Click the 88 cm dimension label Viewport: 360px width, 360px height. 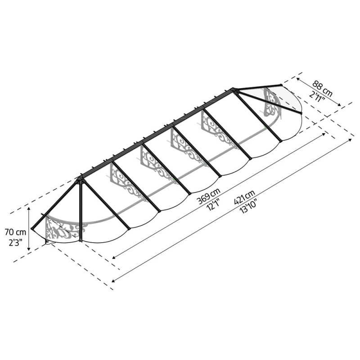(x=323, y=88)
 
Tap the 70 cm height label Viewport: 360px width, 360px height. (x=15, y=232)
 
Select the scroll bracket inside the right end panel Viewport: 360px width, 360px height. (x=271, y=100)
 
